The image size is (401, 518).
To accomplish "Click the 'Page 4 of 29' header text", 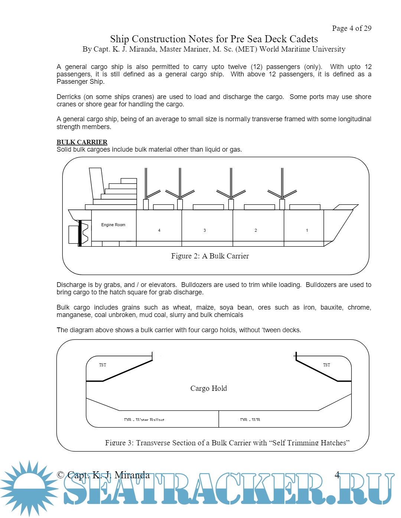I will (x=351, y=28).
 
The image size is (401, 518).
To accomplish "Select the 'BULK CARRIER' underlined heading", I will (x=82, y=142).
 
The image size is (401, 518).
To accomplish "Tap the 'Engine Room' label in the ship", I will (x=113, y=225).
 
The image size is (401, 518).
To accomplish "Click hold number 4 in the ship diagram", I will (x=159, y=230).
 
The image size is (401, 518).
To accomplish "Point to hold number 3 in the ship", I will (x=205, y=230).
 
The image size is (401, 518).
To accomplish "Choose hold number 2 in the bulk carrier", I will (x=256, y=230).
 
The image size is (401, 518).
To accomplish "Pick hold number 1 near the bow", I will (x=307, y=230).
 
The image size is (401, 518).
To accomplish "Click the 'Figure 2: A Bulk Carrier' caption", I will (x=210, y=256).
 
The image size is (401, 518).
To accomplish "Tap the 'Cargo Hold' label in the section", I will (x=208, y=388).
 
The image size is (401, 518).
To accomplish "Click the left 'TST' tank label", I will (x=102, y=365).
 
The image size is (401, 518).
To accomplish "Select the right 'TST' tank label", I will (x=326, y=365).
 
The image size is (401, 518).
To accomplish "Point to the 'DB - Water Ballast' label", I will (x=144, y=420).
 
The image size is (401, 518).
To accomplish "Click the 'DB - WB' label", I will (x=250, y=420).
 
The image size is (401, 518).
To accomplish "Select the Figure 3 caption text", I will (x=227, y=443).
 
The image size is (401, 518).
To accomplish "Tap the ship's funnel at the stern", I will (x=96, y=183).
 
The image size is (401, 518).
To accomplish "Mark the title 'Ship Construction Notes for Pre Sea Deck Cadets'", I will (x=214, y=39).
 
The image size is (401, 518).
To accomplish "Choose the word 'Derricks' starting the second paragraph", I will (x=69, y=97).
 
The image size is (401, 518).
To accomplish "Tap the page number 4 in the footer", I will (x=337, y=475).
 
